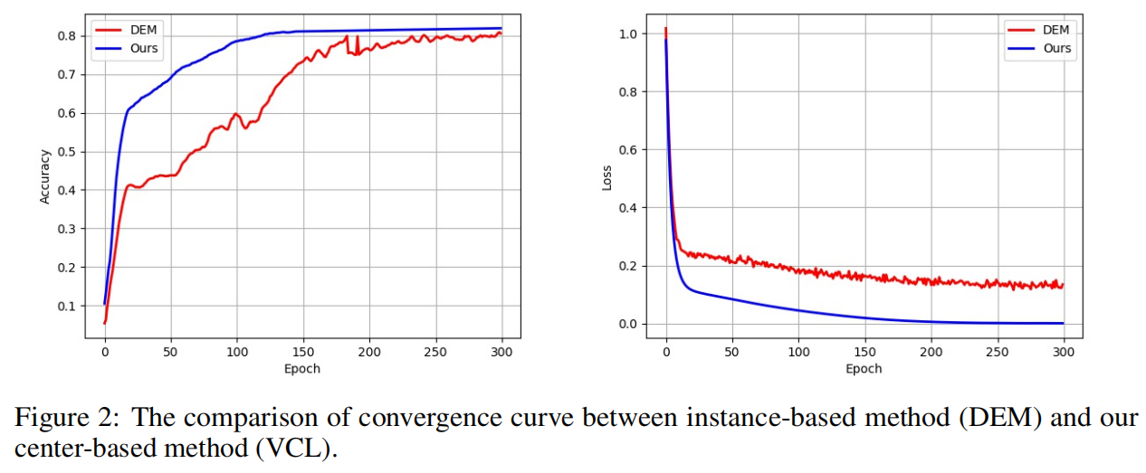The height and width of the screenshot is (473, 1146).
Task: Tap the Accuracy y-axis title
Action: coord(44,176)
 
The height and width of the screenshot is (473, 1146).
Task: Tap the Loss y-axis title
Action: coord(606,176)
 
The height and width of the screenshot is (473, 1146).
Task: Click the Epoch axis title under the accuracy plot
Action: coord(302,368)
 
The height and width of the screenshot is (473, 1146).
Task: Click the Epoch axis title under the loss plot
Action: coord(864,368)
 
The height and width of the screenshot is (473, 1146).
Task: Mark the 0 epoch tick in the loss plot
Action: coord(666,351)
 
